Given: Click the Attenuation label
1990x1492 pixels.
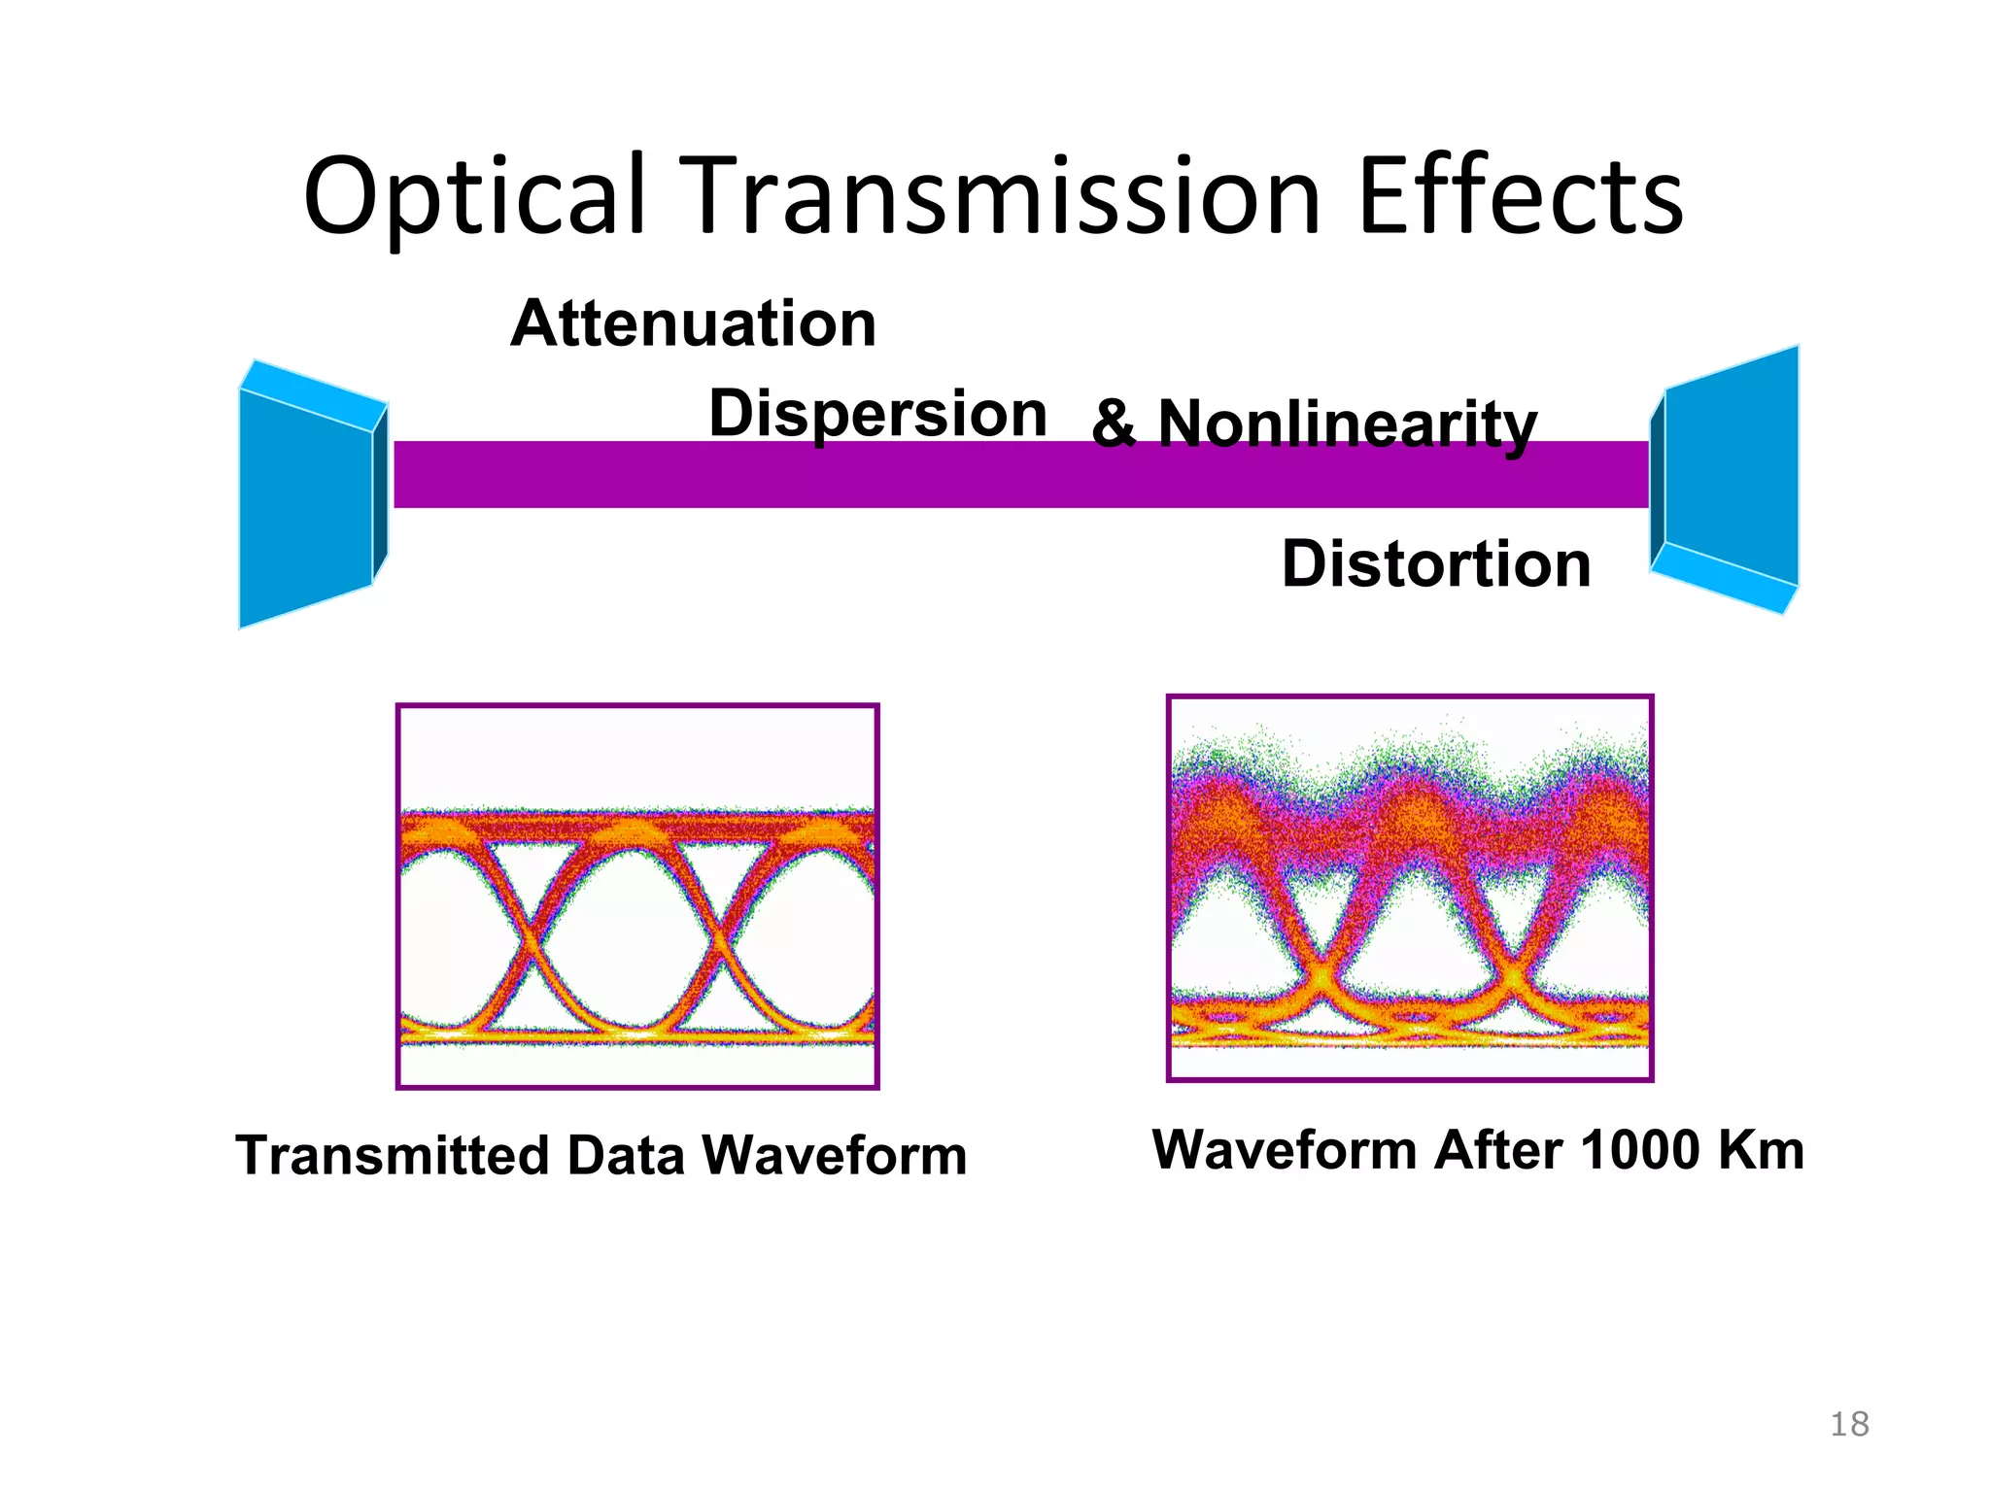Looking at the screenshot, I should coord(694,323).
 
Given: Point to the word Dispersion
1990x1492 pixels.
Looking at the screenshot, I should coord(877,414).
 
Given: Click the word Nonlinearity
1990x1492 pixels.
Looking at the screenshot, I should coord(1348,424).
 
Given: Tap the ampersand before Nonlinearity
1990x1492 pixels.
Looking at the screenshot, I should coord(1114,424).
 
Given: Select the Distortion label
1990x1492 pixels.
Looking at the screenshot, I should coord(1436,564).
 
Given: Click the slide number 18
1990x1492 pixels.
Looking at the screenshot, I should coord(1849,1424).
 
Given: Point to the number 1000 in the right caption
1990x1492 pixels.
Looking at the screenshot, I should coord(1640,1150).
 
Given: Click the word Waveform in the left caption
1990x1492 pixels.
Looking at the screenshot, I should coord(834,1156).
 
